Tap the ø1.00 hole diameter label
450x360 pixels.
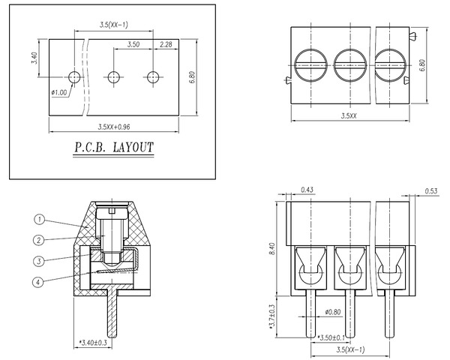pyautogui.click(x=60, y=92)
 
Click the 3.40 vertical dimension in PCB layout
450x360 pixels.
pyautogui.click(x=34, y=58)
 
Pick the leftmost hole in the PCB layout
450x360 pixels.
pyautogui.click(x=73, y=76)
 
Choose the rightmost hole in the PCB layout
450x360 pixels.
pyautogui.click(x=154, y=76)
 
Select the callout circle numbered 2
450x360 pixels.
pyautogui.click(x=40, y=240)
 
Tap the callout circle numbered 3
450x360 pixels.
pyautogui.click(x=40, y=261)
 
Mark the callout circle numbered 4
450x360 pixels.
pyautogui.click(x=40, y=282)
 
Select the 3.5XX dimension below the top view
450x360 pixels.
pyautogui.click(x=348, y=116)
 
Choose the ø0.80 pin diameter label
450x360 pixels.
pyautogui.click(x=334, y=312)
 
